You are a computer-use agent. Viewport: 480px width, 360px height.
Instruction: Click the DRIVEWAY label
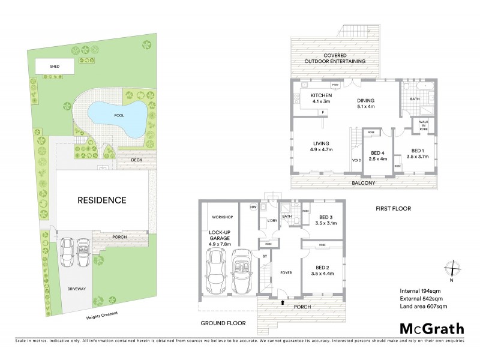pos(76,289)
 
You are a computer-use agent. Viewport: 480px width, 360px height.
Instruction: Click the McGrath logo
pos(431,328)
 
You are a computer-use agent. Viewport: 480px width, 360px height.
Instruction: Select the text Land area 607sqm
pos(424,307)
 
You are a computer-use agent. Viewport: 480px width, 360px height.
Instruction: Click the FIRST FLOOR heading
pos(393,208)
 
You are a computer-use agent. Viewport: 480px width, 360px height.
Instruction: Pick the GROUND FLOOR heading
pos(224,323)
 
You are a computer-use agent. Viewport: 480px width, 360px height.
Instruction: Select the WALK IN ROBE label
pos(423,125)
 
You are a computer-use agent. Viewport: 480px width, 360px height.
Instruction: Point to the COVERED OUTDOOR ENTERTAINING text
pos(336,58)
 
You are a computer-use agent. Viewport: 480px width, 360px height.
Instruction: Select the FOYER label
pos(286,272)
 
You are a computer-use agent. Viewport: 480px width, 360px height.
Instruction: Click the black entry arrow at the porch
pos(282,302)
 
